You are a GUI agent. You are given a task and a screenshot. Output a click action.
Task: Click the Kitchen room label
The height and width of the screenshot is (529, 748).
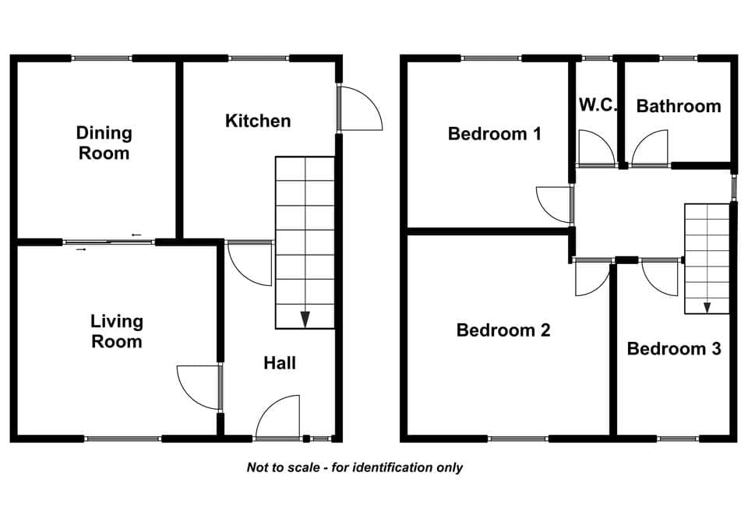(x=258, y=121)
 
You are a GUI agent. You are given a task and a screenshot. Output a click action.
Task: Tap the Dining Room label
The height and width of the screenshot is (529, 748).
(x=104, y=143)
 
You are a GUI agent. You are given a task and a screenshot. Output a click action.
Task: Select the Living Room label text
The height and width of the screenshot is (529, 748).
(x=117, y=331)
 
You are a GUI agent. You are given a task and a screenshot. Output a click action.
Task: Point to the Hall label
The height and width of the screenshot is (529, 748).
(x=280, y=363)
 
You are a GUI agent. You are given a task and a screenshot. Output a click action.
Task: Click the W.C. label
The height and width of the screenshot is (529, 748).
(x=598, y=104)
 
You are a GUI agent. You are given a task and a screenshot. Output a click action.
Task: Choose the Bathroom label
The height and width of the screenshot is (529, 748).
(x=679, y=106)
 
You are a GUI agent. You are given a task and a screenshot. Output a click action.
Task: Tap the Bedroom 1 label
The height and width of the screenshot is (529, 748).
(x=495, y=133)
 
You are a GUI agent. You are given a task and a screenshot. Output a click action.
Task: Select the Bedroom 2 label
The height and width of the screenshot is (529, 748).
(x=503, y=330)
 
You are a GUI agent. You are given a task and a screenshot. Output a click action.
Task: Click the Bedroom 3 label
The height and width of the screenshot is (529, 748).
(x=673, y=349)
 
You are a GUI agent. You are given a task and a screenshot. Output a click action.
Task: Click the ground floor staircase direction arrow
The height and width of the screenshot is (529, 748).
(x=305, y=319)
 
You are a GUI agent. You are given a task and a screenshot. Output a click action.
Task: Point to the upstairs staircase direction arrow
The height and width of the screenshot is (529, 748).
(x=707, y=308)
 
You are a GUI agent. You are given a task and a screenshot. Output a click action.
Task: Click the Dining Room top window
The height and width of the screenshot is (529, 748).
(x=101, y=58)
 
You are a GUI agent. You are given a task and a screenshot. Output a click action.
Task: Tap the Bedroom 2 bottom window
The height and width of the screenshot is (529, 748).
(x=518, y=439)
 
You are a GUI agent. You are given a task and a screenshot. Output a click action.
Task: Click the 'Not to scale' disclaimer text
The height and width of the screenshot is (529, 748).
(x=355, y=467)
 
